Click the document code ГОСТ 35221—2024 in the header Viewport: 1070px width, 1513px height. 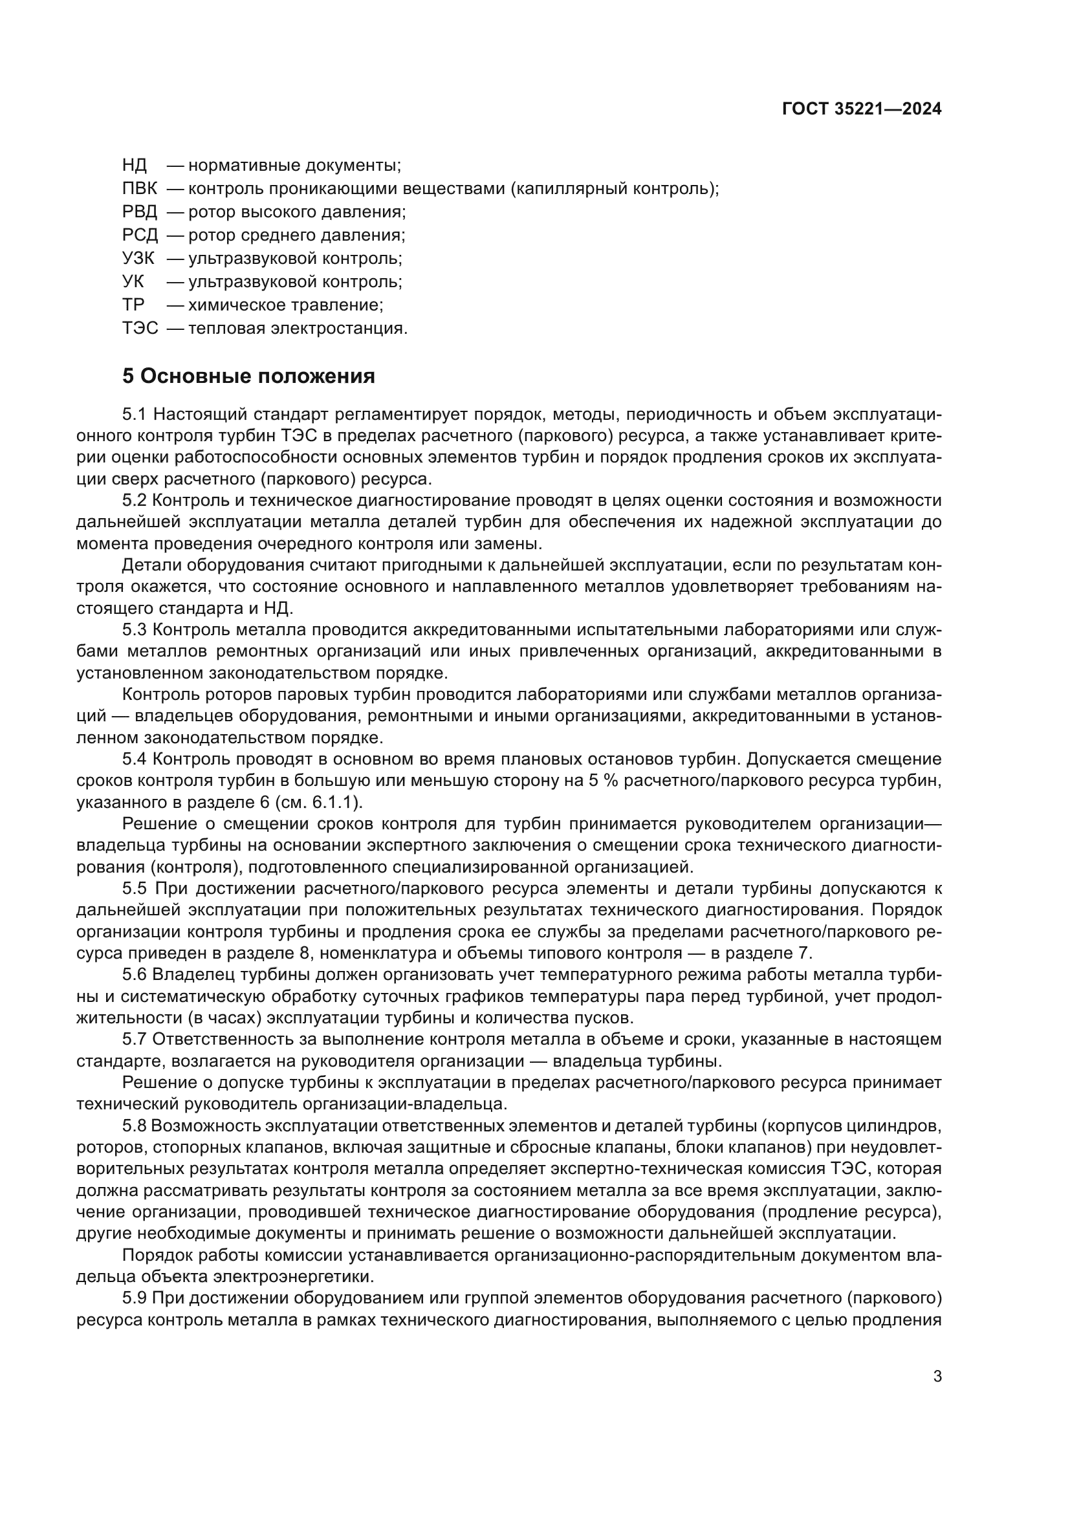tap(862, 109)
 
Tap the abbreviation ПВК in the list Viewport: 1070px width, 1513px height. tap(140, 189)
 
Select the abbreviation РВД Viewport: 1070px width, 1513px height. tap(140, 212)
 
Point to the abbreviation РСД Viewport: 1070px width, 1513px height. tap(140, 235)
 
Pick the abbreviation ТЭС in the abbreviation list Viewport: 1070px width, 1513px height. tap(140, 328)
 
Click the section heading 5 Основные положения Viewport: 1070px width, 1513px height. tap(248, 376)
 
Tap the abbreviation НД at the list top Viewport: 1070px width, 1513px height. tap(135, 166)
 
